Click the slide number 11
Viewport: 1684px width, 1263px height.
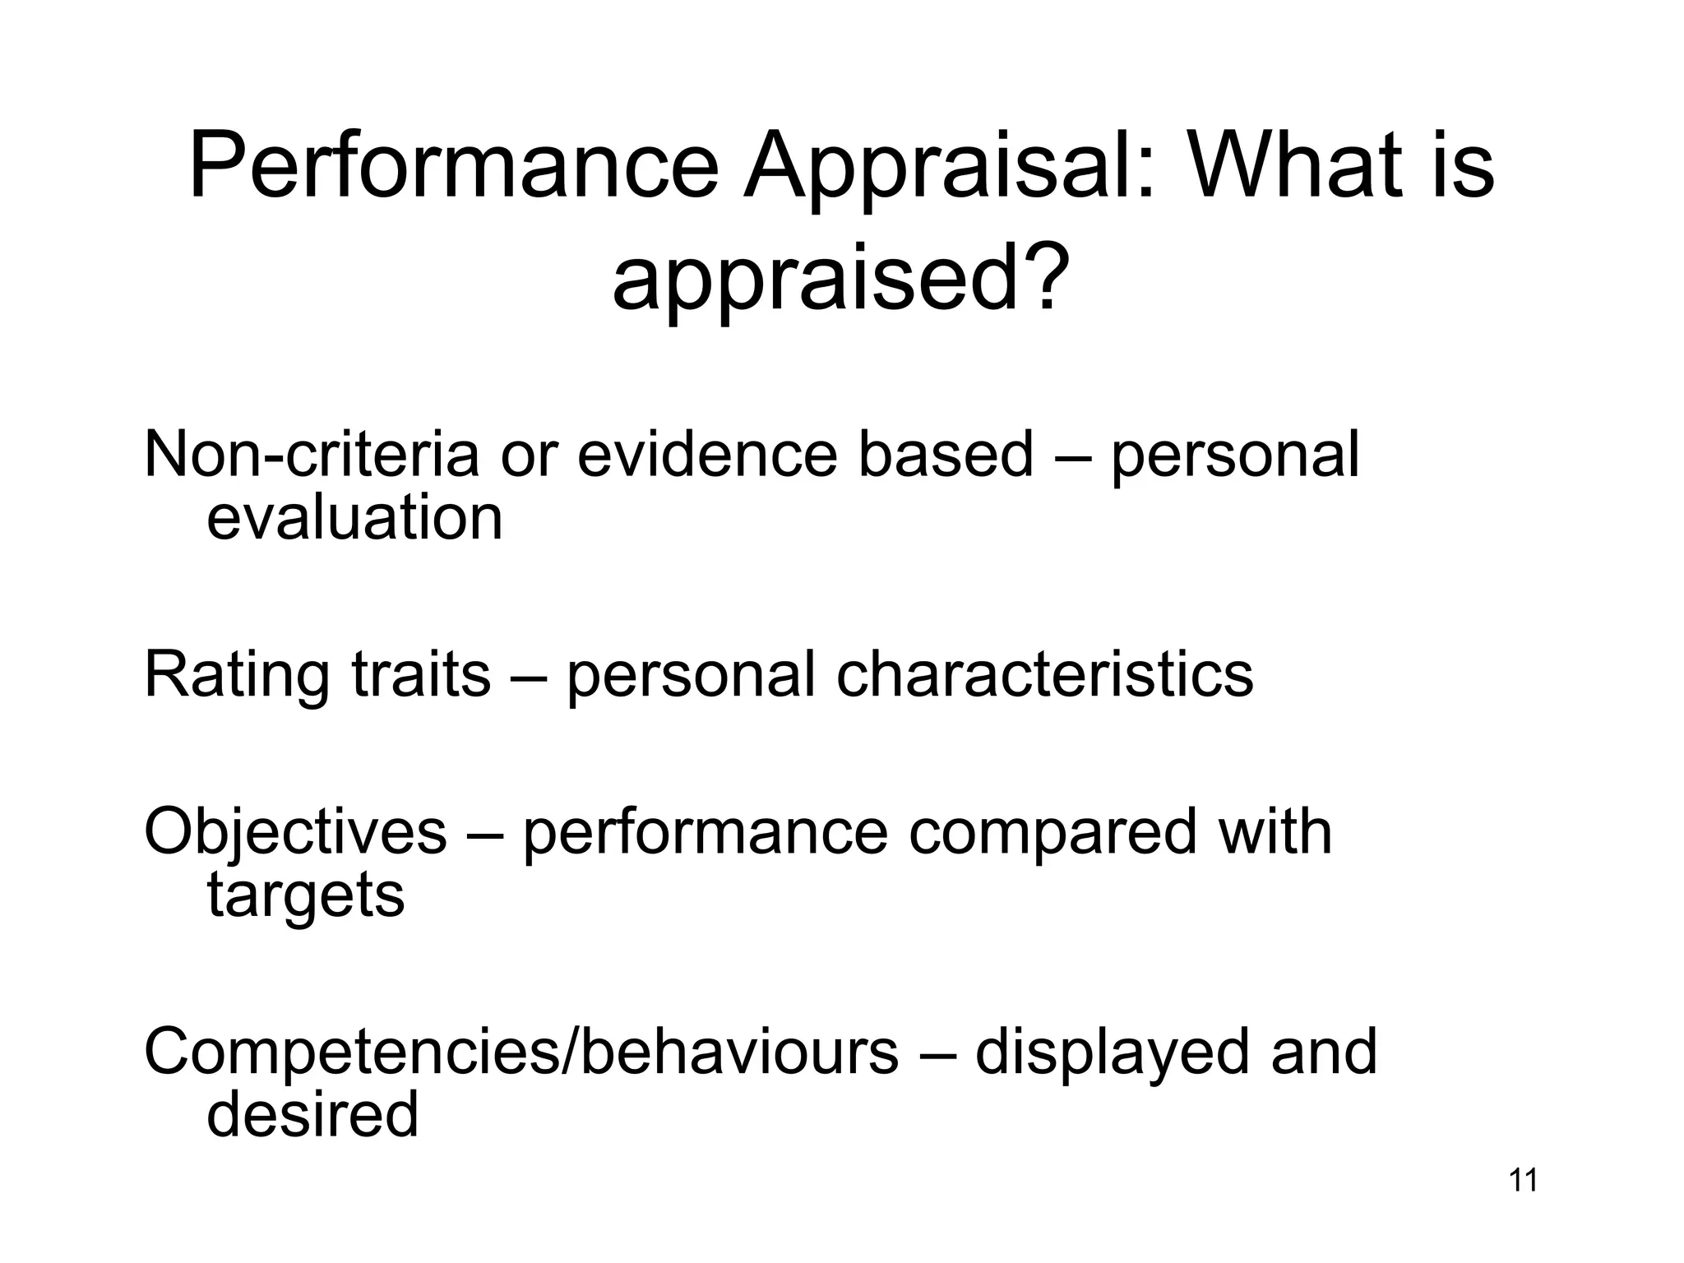[x=1523, y=1180]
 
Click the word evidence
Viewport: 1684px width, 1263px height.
[x=707, y=454]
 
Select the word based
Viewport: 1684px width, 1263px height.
[x=945, y=454]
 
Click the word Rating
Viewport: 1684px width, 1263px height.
[x=237, y=674]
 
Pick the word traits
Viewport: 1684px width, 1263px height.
[x=421, y=674]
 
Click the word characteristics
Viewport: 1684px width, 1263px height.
[x=1044, y=674]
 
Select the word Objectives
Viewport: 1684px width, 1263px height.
[x=295, y=831]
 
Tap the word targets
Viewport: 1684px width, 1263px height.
[x=305, y=896]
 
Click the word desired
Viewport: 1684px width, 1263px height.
[x=312, y=1114]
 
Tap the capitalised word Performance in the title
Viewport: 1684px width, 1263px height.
[x=454, y=169]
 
